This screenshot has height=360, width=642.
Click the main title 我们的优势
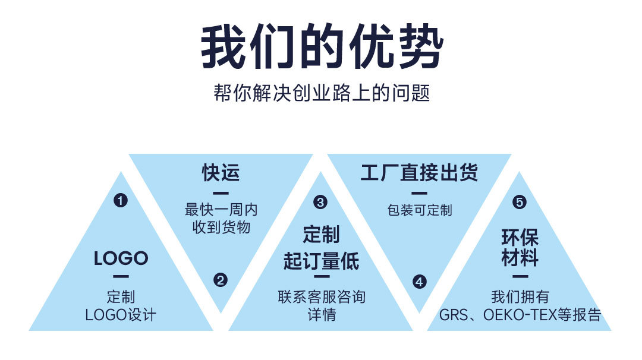pyautogui.click(x=322, y=47)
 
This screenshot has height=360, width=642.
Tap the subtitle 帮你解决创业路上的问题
pyautogui.click(x=321, y=94)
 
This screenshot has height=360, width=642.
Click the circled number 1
pyautogui.click(x=121, y=201)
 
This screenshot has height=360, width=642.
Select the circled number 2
pyautogui.click(x=221, y=280)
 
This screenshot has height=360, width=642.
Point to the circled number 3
pyautogui.click(x=320, y=203)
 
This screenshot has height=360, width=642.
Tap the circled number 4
pyautogui.click(x=420, y=282)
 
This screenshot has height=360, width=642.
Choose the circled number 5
pyautogui.click(x=520, y=203)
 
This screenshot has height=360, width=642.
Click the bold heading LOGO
pyautogui.click(x=121, y=258)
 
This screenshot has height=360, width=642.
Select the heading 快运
pyautogui.click(x=221, y=173)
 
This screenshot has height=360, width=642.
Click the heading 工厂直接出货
pyautogui.click(x=419, y=173)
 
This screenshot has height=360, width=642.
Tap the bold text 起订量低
pyautogui.click(x=321, y=261)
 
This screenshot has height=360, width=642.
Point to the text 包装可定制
pyautogui.click(x=419, y=210)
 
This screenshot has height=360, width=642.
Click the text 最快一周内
pyautogui.click(x=221, y=210)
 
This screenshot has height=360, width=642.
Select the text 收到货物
pyautogui.click(x=221, y=226)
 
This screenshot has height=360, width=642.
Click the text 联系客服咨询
pyautogui.click(x=321, y=296)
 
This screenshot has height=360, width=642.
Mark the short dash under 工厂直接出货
pyautogui.click(x=419, y=192)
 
